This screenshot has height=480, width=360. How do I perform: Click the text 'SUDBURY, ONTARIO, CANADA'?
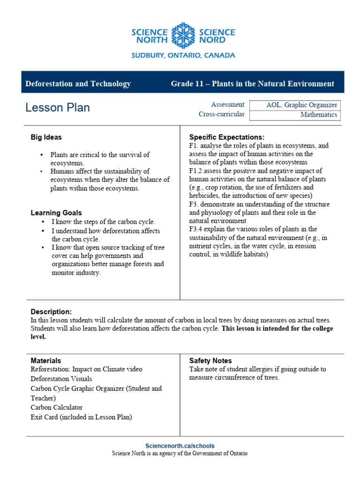point(183,55)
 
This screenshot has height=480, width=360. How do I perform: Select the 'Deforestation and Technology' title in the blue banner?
point(78,84)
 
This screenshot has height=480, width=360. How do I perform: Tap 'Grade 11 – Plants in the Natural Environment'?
point(252,84)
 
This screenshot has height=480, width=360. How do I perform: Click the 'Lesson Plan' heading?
point(58,108)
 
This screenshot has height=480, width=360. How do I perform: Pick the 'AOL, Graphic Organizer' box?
point(295,105)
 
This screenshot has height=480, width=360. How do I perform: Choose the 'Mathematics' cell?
point(295,115)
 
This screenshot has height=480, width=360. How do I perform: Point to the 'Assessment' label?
point(228,105)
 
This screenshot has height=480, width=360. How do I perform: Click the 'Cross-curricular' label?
point(221,114)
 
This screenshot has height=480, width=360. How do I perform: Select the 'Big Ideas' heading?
point(46,137)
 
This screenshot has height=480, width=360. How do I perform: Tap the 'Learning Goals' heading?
point(56,213)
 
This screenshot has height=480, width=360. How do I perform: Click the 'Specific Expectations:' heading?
point(227,137)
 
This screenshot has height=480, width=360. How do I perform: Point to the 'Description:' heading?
point(51,312)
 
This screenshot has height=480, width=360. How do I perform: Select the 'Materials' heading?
point(46,360)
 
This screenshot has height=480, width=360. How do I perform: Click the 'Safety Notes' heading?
point(210,360)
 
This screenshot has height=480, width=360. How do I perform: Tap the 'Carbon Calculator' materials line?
point(56,407)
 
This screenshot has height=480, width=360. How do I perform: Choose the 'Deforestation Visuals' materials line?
point(61,379)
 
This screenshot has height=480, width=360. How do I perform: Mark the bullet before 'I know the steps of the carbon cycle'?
point(43,222)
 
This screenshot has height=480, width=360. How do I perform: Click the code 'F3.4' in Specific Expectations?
point(197,229)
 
